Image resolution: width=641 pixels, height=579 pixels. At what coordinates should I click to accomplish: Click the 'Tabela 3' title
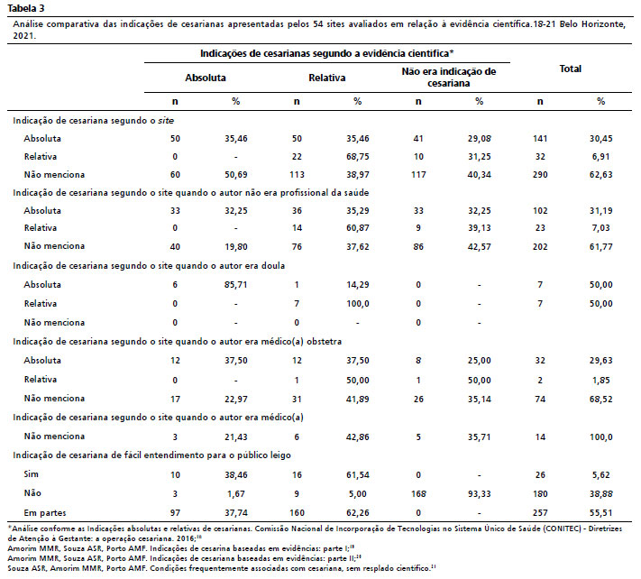(x=26, y=8)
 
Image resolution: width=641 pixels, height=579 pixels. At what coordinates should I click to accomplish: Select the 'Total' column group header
(x=571, y=69)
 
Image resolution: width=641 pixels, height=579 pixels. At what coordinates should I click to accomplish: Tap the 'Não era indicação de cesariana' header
(x=448, y=78)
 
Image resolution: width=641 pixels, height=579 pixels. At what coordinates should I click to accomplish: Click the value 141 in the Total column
(x=540, y=139)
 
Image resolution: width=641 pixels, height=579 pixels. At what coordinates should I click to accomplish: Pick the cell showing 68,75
(x=357, y=157)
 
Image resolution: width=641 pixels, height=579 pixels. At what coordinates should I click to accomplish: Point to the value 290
(x=540, y=175)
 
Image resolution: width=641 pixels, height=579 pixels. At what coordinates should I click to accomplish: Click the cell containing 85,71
(x=236, y=285)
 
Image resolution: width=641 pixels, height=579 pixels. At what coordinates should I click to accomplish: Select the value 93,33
(x=479, y=494)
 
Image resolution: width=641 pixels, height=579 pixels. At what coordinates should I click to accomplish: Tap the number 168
(x=418, y=494)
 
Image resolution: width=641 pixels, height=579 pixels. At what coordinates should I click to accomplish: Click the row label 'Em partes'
(x=44, y=513)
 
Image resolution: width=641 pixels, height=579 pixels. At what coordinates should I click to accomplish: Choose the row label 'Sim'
(x=31, y=474)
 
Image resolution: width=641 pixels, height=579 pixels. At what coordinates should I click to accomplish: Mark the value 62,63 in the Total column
(x=600, y=175)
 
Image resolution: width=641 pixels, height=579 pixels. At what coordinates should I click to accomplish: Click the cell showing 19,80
(x=236, y=246)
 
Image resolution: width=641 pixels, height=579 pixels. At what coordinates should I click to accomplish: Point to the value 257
(x=540, y=513)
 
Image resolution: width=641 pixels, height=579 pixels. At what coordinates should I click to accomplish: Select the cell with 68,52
(x=600, y=399)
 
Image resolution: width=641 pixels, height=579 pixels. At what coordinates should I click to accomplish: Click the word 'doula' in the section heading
(x=273, y=266)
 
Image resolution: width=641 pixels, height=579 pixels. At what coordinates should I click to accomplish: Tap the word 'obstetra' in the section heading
(x=325, y=342)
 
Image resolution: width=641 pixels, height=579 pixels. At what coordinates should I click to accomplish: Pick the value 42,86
(x=357, y=437)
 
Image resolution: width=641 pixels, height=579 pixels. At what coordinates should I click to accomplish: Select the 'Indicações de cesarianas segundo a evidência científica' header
(x=326, y=53)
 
